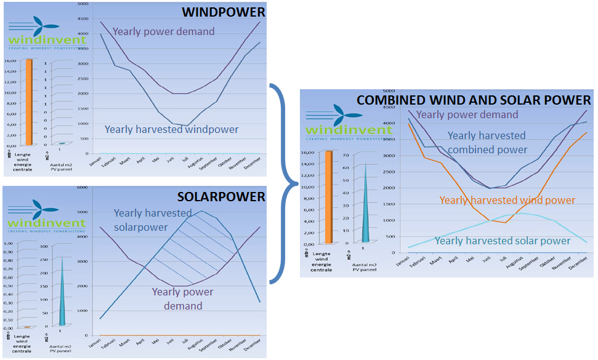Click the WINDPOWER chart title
(x=224, y=12)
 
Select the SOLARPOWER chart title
(x=222, y=197)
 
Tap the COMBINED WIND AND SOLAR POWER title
(x=474, y=100)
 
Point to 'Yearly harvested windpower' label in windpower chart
(x=171, y=129)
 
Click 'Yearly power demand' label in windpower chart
(x=164, y=31)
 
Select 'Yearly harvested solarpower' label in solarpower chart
(x=153, y=219)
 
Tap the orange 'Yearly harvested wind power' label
(x=507, y=200)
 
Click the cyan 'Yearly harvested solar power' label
(x=503, y=241)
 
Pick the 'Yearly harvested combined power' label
(x=487, y=142)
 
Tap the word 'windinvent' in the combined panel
(x=337, y=130)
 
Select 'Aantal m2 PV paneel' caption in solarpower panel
(x=60, y=351)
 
